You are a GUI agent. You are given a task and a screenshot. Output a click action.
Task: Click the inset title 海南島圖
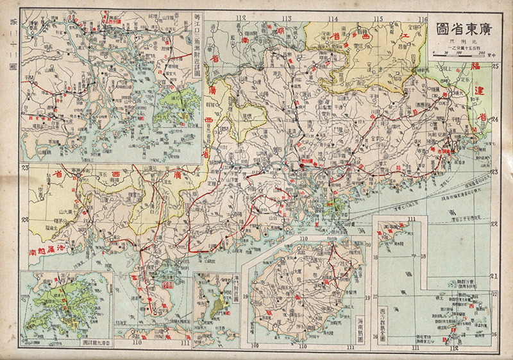tap(360, 329)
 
